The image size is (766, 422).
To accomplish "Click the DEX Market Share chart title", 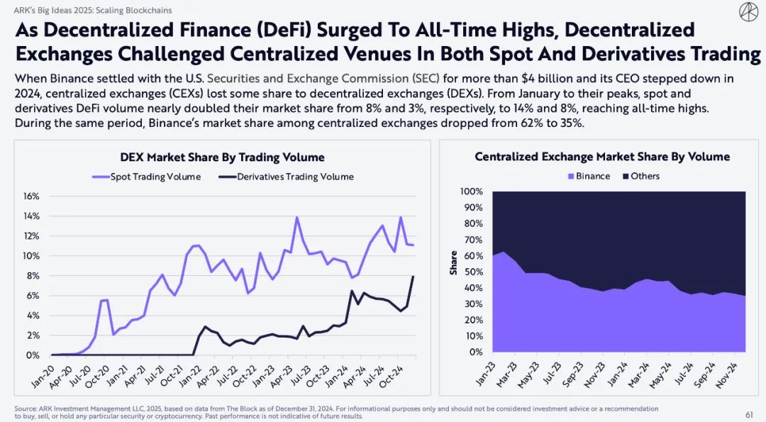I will tap(222, 157).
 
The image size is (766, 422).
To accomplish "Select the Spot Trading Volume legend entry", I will tap(147, 177).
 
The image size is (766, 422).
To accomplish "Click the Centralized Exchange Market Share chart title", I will tap(602, 157).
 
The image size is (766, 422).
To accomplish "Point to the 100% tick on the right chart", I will tap(471, 192).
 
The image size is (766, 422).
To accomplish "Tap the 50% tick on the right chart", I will tap(473, 272).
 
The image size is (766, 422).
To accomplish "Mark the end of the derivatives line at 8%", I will tap(413, 277).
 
